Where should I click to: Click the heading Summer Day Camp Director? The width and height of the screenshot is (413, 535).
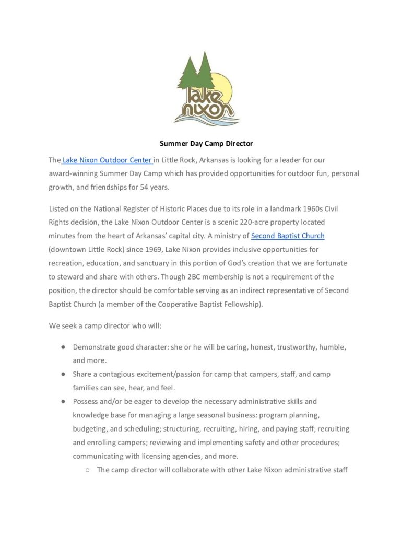point(206,143)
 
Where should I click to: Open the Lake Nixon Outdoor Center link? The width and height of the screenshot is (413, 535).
point(107,160)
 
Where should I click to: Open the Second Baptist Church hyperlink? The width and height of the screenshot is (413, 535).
point(288,236)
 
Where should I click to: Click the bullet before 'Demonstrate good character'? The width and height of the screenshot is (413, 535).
point(63,347)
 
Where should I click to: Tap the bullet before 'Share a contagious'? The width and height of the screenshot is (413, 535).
point(63,374)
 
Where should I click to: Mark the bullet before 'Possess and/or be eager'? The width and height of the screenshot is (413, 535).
point(63,401)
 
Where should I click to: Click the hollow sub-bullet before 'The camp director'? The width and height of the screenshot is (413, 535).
point(87,470)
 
